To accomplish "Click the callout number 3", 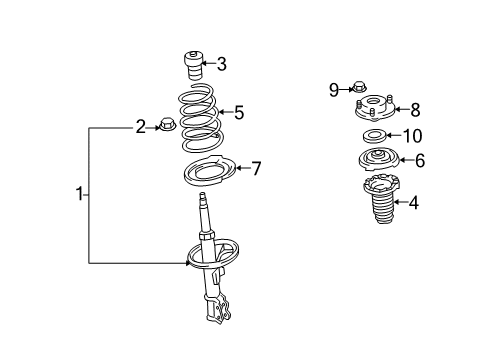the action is coord(221,64).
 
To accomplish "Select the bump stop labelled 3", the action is coord(193,65).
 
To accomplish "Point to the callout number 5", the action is coord(239,112).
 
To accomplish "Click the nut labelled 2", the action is coord(166,124).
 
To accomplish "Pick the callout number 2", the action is coord(141,127).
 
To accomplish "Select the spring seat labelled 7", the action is coord(210,170).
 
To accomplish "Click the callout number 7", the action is coord(256,168).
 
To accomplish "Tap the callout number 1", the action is coord(79,194).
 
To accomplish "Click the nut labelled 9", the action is coord(359,87).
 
